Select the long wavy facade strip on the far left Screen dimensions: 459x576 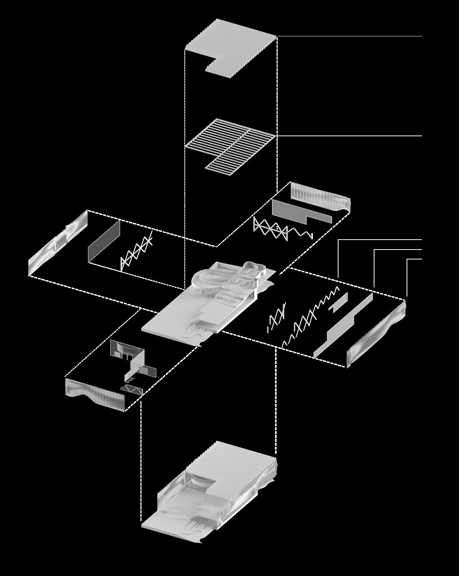[57, 245]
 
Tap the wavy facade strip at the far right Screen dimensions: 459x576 [377, 333]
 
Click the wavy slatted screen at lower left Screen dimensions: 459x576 [96, 394]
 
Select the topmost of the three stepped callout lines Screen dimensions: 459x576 [379, 240]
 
